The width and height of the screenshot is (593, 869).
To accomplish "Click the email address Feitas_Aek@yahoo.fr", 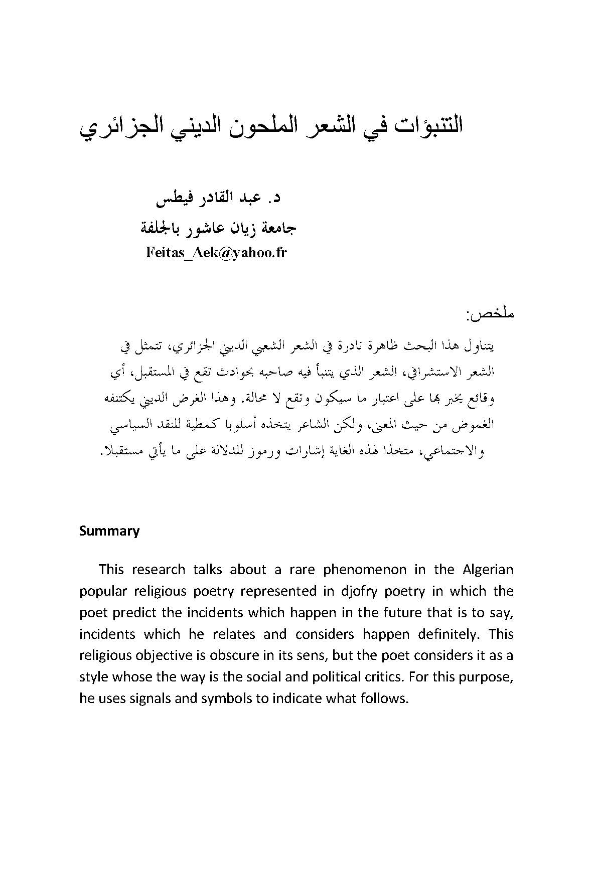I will point(216,252).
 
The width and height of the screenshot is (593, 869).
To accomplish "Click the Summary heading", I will point(109,531).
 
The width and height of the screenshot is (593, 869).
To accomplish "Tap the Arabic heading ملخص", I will point(490,315).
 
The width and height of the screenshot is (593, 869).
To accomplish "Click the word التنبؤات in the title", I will point(419,125).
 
